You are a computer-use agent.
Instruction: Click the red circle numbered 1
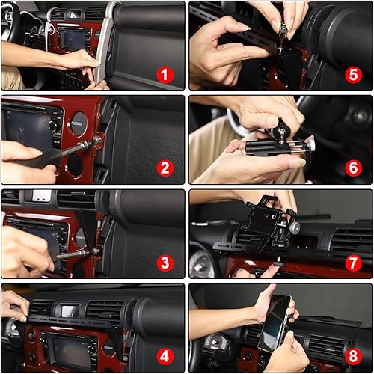click(165, 74)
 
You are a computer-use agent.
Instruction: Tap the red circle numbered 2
click(165, 168)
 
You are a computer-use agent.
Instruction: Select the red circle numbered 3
click(165, 263)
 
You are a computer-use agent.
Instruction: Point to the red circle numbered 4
click(165, 357)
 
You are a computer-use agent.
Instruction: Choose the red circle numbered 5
click(354, 74)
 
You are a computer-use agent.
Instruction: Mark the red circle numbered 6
click(354, 168)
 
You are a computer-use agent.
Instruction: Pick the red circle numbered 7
click(354, 263)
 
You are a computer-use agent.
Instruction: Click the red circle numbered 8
click(354, 357)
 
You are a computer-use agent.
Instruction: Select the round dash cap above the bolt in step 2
click(79, 124)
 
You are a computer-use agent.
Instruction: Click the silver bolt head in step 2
click(96, 141)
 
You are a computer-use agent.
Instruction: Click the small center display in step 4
click(70, 310)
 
